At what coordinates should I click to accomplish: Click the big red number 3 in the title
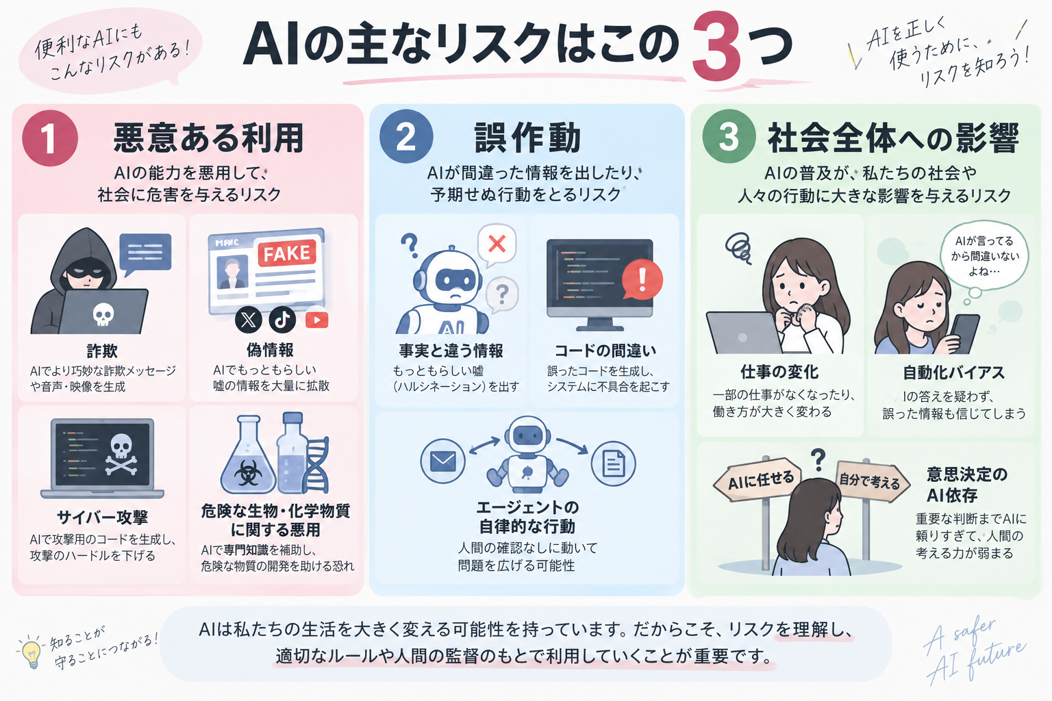click(x=716, y=47)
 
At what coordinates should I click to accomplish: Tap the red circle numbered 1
click(x=50, y=138)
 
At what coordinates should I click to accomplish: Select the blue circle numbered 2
click(x=406, y=137)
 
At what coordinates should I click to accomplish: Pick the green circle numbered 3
click(x=729, y=137)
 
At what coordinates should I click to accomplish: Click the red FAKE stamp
click(x=286, y=253)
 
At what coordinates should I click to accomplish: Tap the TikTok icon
click(x=282, y=320)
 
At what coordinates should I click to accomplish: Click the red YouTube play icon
click(x=317, y=320)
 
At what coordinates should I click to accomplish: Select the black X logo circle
click(x=249, y=320)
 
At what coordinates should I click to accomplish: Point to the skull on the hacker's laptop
click(x=103, y=314)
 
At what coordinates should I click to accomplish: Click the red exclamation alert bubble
click(x=642, y=280)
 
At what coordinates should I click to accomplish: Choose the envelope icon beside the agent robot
click(x=443, y=461)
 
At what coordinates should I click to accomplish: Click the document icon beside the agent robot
click(x=614, y=463)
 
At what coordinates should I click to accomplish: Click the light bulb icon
click(x=31, y=652)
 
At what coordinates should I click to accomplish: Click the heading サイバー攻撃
click(x=102, y=518)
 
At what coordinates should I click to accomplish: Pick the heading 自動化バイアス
click(x=954, y=373)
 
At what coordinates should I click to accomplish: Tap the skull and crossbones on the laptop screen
click(x=121, y=454)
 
